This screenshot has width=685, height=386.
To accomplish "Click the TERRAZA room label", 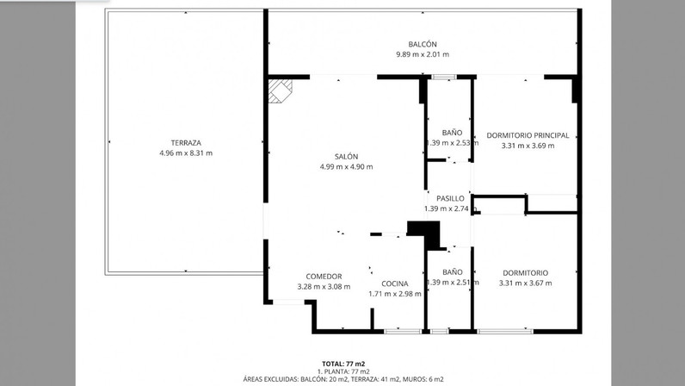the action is click(186, 143).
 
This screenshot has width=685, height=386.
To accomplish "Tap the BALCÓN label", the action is click(423, 44).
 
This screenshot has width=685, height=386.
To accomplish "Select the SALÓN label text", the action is click(347, 156).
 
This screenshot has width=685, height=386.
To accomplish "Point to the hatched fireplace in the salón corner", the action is click(280, 90).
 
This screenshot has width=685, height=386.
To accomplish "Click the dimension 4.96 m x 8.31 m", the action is click(186, 153).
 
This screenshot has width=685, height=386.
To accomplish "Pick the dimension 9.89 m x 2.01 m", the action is click(423, 54).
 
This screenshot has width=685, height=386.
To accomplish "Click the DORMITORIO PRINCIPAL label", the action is click(528, 135).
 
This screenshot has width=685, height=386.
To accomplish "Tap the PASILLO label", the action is click(450, 198).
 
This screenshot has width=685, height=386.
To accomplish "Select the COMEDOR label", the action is click(324, 277).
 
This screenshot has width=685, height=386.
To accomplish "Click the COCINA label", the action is click(395, 283).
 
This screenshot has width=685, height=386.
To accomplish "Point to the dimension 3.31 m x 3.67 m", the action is click(526, 283).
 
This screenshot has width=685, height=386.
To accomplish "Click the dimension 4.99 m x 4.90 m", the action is click(347, 167).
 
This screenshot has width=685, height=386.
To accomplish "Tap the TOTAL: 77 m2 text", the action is click(343, 364).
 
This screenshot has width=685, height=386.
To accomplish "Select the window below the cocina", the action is click(402, 332).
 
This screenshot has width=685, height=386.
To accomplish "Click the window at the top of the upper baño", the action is click(444, 77).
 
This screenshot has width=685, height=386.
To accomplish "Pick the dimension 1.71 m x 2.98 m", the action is click(395, 294).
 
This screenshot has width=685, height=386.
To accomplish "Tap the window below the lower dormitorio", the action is click(505, 332).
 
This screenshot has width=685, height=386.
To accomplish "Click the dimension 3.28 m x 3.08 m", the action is click(324, 287).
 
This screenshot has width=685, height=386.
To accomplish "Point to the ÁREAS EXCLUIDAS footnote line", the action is click(343, 379).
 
